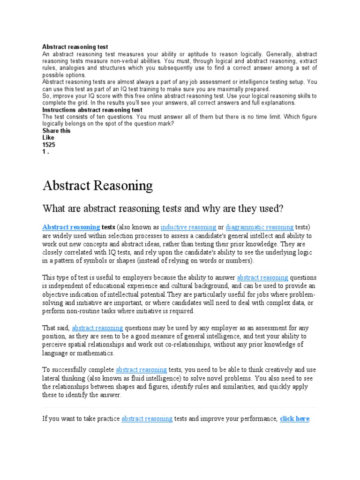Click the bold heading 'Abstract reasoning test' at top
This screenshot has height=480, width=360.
[x=75, y=47]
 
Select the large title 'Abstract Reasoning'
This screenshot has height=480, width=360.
[x=97, y=186]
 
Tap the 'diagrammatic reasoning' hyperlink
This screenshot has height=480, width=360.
[x=260, y=227]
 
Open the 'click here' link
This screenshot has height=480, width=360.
[x=294, y=419]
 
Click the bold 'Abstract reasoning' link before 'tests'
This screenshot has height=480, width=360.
[x=71, y=227]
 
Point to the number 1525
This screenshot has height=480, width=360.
[x=49, y=145]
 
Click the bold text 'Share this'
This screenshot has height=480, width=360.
[x=56, y=131]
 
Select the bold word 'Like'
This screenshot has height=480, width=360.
[x=48, y=138]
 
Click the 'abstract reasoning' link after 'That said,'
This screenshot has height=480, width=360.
[x=97, y=328]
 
